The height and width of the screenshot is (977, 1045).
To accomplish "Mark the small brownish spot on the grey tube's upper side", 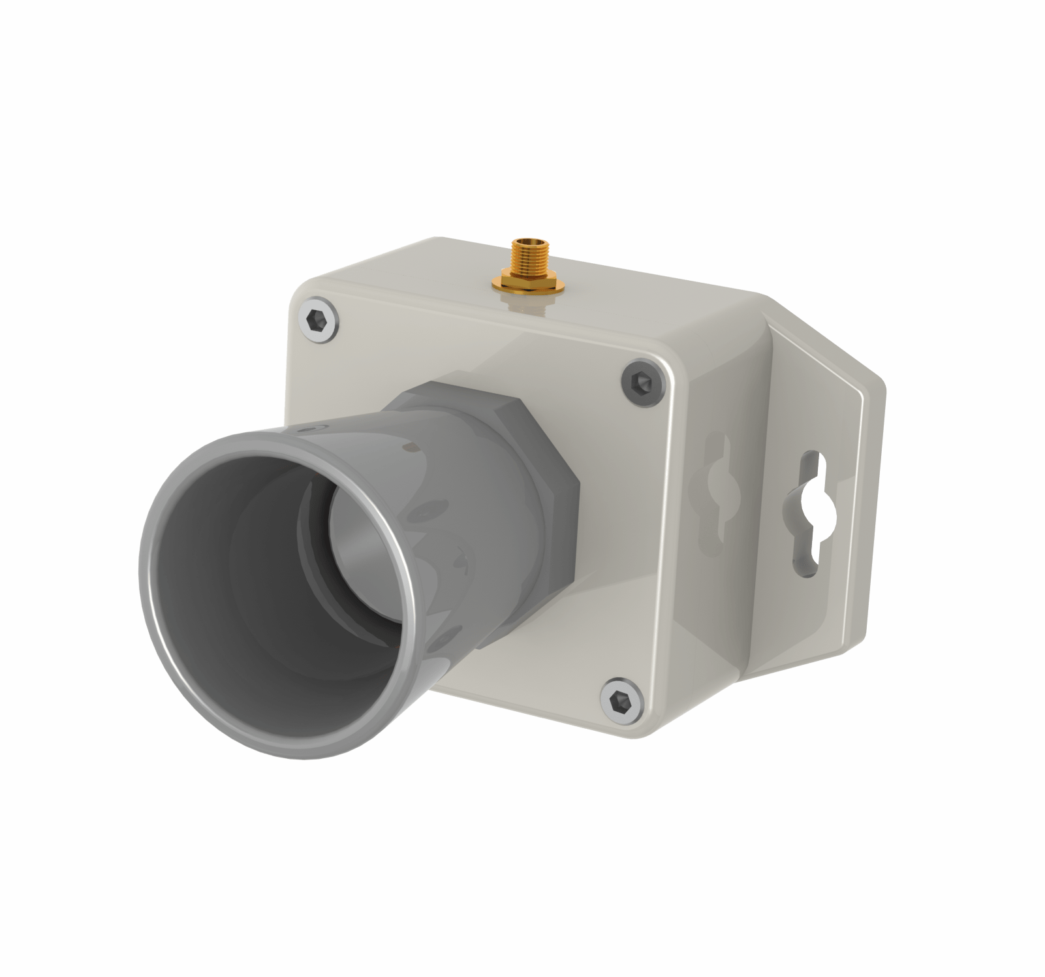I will tap(409, 447).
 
